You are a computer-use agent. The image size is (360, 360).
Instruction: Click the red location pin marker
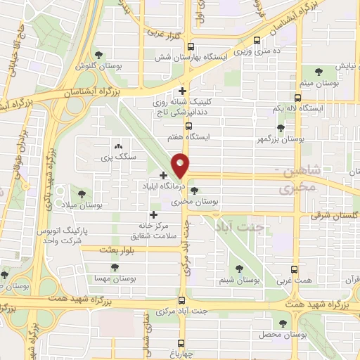coord(181,165)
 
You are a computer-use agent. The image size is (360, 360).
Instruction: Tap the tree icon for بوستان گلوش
coord(98,54)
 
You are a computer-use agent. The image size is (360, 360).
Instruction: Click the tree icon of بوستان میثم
coord(319,72)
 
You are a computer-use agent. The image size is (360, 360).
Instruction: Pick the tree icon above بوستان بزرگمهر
coord(281,128)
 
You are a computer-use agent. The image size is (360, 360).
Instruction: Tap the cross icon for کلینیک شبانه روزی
coord(183,91)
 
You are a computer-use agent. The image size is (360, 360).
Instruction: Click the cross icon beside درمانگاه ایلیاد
coord(164,175)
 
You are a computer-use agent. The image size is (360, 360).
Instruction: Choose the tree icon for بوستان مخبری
coord(194,190)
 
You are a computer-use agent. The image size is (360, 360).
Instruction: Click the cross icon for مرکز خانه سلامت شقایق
coord(153,214)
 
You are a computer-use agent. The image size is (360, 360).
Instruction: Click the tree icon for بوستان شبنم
coord(239,268)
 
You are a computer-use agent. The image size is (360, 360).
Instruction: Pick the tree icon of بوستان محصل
coord(283,323)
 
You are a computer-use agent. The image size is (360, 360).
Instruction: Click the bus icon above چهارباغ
coord(181,343)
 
